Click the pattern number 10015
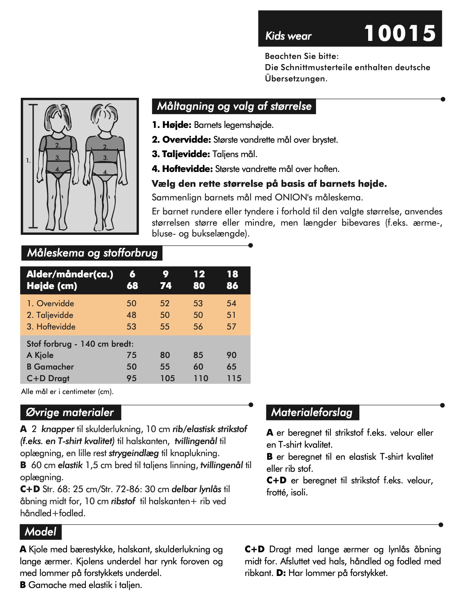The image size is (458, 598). click(x=399, y=33)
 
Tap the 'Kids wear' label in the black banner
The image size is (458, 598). click(x=288, y=36)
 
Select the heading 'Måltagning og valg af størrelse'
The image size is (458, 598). click(x=234, y=106)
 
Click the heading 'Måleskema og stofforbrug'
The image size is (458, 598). click(x=92, y=253)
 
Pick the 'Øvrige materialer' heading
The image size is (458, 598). click(x=70, y=412)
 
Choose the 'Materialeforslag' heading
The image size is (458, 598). click(x=312, y=412)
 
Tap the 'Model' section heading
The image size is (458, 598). click(x=41, y=532)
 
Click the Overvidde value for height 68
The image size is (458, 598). click(x=132, y=303)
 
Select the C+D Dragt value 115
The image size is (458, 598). click(x=234, y=378)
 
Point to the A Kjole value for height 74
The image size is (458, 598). click(x=165, y=355)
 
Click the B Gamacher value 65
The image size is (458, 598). click(x=231, y=367)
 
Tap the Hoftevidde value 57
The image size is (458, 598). click(x=231, y=327)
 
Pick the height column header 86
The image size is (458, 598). click(x=232, y=286)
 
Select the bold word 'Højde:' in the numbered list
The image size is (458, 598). click(x=176, y=125)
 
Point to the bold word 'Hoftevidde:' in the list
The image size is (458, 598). click(x=187, y=169)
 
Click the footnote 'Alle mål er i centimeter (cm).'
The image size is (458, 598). click(x=67, y=392)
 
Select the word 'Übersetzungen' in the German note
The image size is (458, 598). click(x=296, y=79)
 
